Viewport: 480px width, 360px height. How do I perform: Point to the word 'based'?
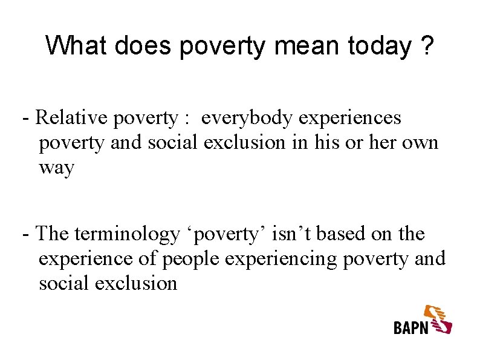click(342, 234)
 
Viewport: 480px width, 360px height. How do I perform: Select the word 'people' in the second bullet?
click(191, 258)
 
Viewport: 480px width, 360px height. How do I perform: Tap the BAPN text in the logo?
click(411, 327)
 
